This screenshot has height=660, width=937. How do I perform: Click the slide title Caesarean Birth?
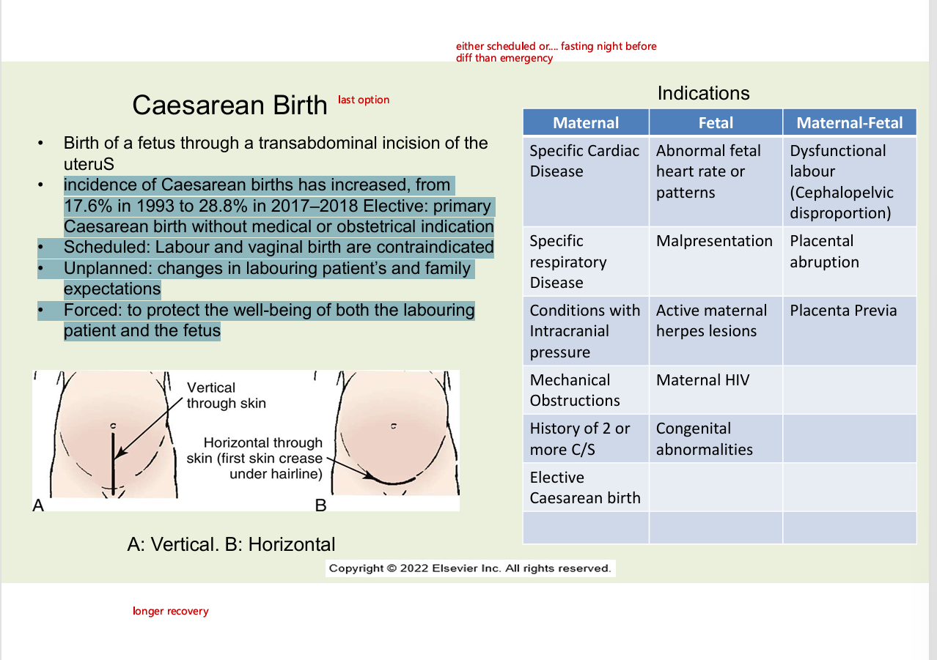coord(229,105)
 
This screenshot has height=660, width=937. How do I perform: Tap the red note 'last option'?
coord(364,100)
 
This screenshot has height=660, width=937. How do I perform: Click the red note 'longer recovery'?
coord(170,611)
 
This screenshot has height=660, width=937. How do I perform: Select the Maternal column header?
coord(585,122)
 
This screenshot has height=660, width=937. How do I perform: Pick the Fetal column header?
coord(716,122)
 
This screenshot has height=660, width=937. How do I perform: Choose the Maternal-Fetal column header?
coord(849,122)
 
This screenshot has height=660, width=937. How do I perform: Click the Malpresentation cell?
coord(714,241)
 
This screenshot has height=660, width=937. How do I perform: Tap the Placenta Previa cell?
coord(843,311)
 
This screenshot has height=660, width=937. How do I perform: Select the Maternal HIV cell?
coord(702,380)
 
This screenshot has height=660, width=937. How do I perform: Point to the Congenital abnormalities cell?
coord(704,439)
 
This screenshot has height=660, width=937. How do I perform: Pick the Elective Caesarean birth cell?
coord(584,488)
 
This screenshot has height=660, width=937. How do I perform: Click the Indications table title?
coord(703,93)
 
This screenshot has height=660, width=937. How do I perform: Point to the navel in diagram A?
coord(113,426)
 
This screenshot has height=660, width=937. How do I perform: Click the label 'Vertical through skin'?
coord(226,395)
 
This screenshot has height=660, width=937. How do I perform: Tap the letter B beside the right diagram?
coord(320,505)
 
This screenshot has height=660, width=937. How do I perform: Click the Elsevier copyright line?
coord(469,568)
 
